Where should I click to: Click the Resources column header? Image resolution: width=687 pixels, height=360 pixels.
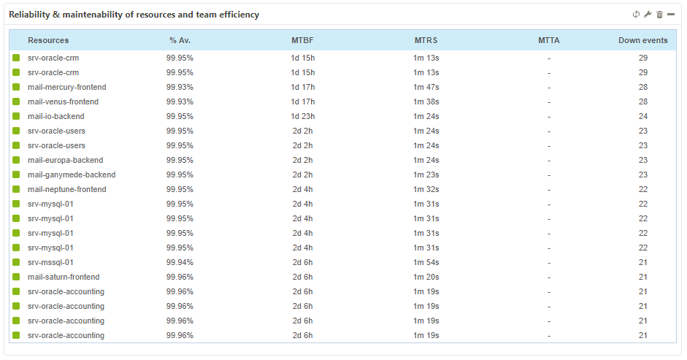click(48, 40)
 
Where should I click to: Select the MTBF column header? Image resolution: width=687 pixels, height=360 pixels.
click(302, 40)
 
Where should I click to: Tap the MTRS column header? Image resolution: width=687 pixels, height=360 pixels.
click(426, 40)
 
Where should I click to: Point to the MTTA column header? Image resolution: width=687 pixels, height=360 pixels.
click(548, 40)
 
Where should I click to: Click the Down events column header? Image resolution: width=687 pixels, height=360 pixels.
click(642, 40)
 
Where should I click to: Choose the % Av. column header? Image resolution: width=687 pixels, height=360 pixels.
click(180, 40)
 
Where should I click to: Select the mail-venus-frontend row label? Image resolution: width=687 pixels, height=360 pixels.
click(63, 102)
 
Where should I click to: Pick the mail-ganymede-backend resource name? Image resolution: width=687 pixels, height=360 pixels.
click(72, 175)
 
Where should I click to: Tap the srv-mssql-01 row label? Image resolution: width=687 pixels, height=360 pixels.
click(50, 262)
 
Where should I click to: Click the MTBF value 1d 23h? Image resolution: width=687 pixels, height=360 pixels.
click(302, 116)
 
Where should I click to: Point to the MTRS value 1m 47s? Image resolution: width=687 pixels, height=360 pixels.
click(426, 87)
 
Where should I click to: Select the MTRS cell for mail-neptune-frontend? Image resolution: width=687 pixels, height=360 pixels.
click(426, 189)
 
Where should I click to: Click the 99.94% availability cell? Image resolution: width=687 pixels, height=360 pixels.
click(180, 262)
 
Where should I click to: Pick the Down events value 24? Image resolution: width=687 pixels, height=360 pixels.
click(642, 116)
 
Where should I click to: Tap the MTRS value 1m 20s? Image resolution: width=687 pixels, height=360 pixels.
click(426, 277)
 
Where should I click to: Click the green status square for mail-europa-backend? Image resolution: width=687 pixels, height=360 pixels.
click(16, 160)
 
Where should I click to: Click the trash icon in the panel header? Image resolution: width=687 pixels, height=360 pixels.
click(659, 15)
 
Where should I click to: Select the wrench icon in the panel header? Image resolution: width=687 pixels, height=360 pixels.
click(648, 15)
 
